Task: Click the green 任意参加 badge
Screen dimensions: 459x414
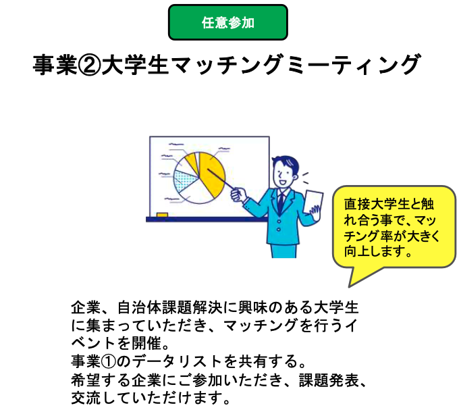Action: [228, 22]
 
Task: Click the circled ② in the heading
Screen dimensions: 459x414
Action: [90, 65]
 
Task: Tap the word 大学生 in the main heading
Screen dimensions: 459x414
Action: [136, 65]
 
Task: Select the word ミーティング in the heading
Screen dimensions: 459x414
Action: [354, 65]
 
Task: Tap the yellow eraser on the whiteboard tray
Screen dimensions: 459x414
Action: [162, 215]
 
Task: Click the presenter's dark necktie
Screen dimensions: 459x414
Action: [281, 203]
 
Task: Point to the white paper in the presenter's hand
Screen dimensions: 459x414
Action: [313, 202]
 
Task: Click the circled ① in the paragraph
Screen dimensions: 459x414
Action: [109, 361]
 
